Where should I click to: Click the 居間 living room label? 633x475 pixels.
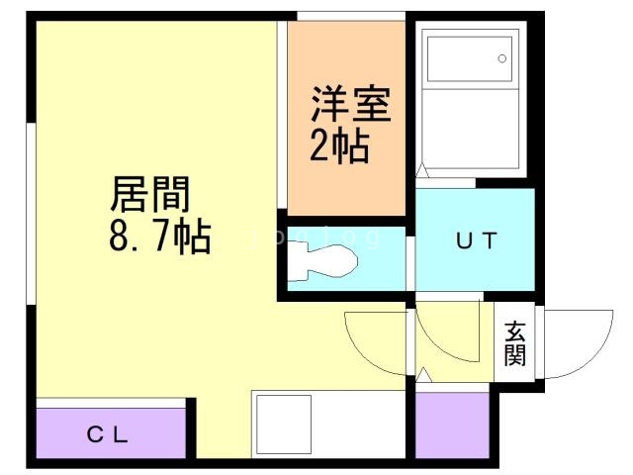click(x=149, y=194)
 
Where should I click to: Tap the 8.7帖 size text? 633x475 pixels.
click(x=158, y=237)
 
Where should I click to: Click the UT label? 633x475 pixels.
click(x=475, y=239)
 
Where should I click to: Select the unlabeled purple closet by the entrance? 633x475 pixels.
click(x=452, y=425)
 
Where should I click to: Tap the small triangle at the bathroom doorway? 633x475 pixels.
click(x=422, y=171)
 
